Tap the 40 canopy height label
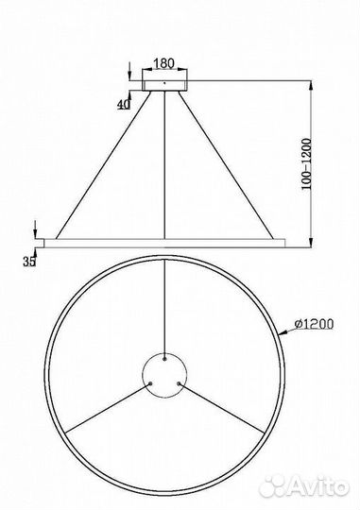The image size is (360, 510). pyautogui.click(x=124, y=105)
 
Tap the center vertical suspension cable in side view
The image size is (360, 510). pyautogui.click(x=166, y=161)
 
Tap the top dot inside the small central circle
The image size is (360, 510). pyautogui.click(x=166, y=357)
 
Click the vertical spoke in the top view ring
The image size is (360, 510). pyautogui.click(x=166, y=302)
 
